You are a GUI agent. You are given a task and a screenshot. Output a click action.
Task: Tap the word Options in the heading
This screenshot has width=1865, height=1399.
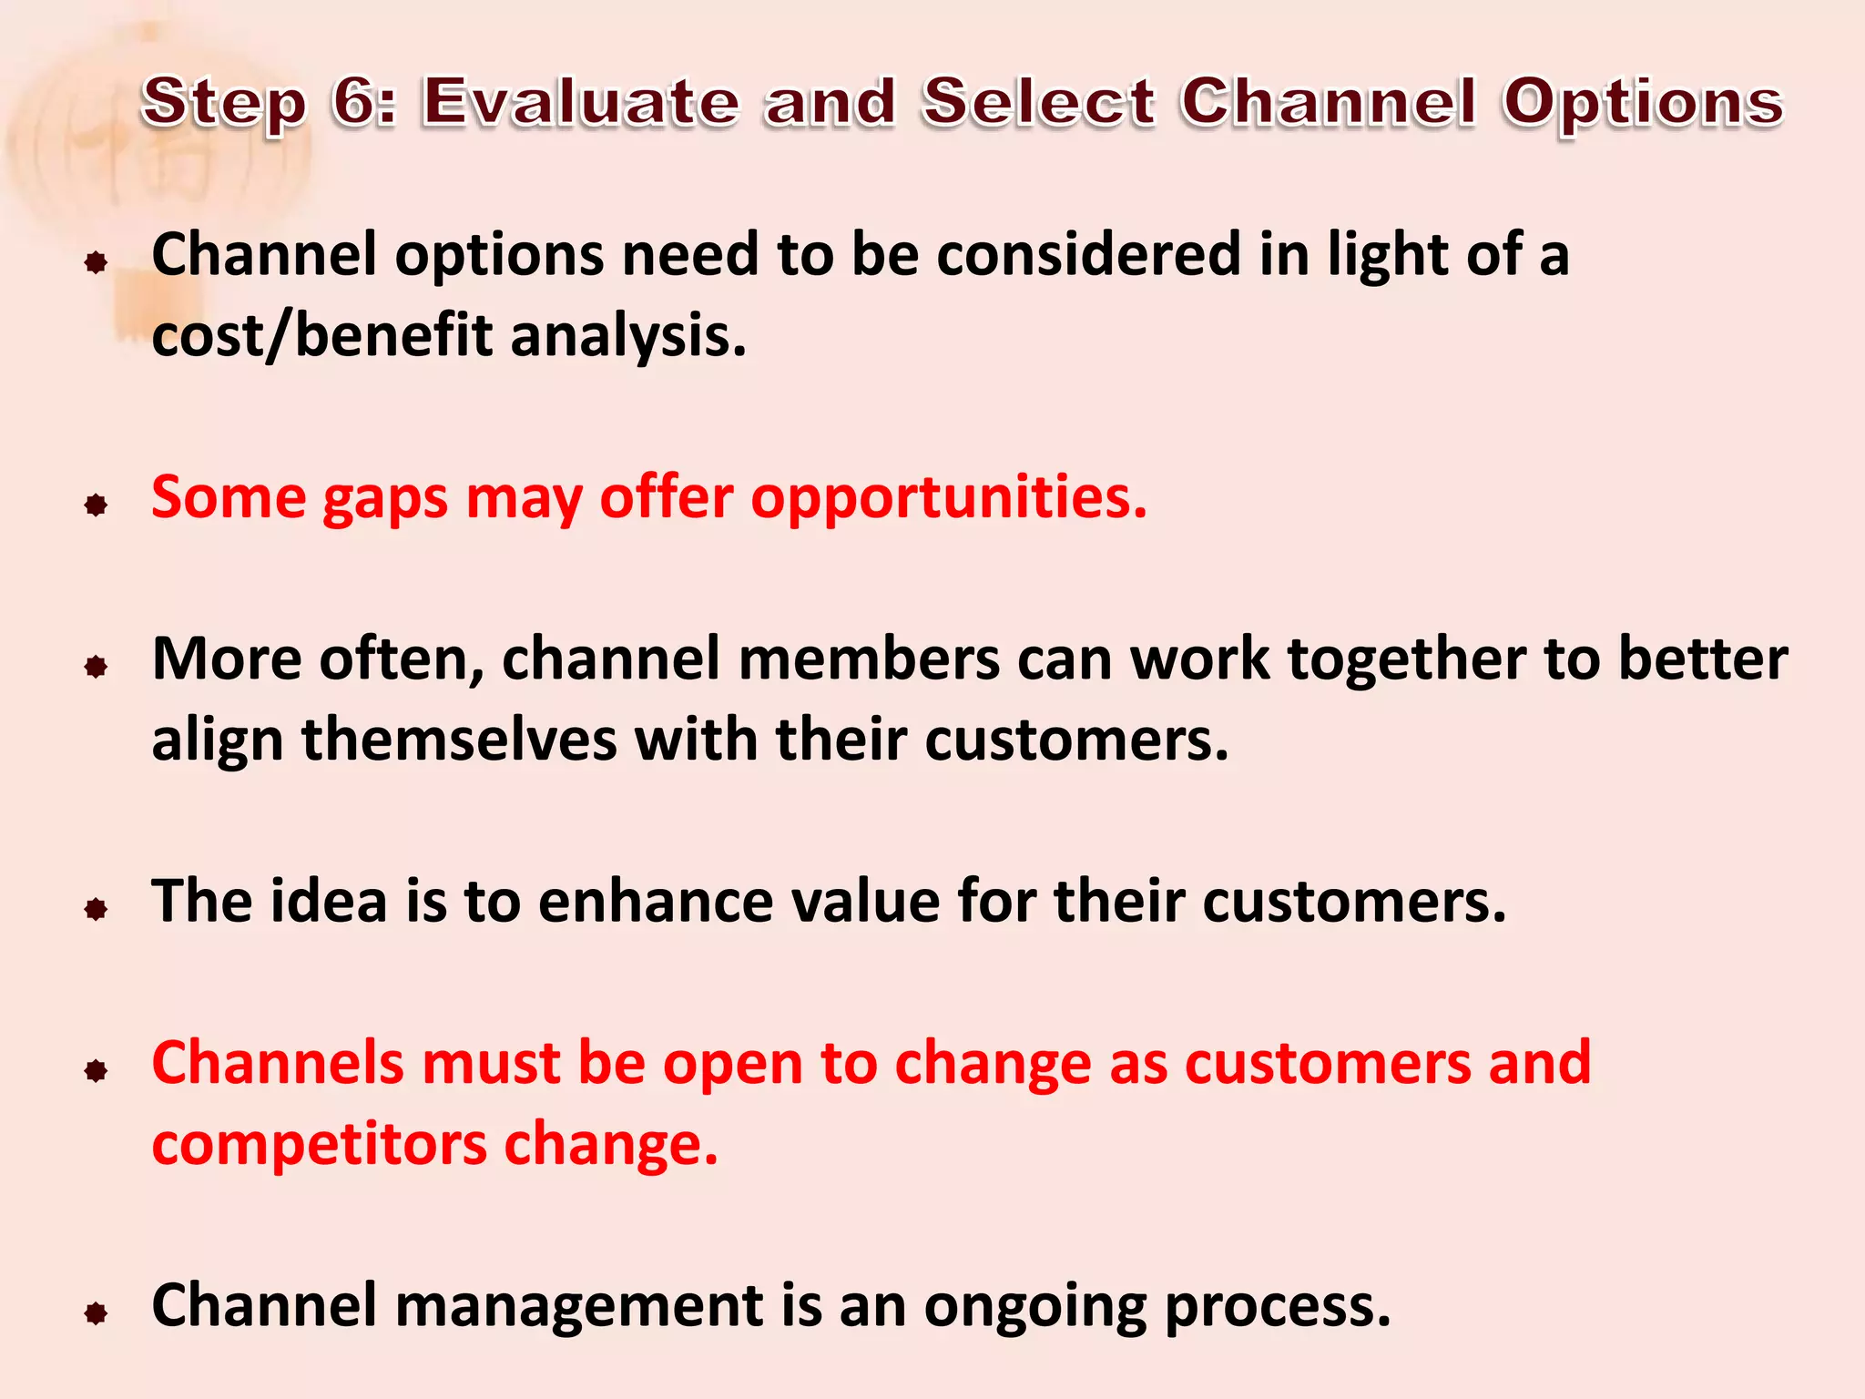point(1643,102)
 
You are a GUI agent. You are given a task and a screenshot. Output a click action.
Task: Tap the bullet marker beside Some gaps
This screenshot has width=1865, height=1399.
point(96,505)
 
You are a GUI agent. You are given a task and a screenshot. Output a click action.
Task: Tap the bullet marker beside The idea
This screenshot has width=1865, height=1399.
point(96,908)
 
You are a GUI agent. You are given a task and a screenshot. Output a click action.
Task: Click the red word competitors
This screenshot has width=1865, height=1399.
point(319,1145)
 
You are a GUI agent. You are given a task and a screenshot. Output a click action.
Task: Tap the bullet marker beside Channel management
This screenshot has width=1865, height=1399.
point(96,1312)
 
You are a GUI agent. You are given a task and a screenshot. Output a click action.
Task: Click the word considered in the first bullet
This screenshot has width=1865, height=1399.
point(1088,254)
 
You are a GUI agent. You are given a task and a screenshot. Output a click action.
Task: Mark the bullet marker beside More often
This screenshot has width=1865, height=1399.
point(96,667)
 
